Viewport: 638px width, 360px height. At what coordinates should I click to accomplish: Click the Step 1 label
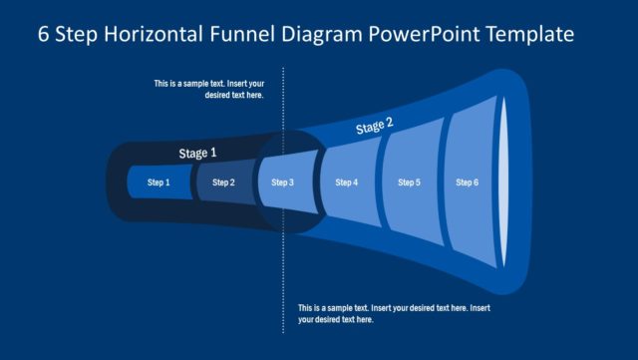click(x=159, y=182)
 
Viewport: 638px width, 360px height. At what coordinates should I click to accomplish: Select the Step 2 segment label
click(x=224, y=182)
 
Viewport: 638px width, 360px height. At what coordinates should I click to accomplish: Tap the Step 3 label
click(x=283, y=182)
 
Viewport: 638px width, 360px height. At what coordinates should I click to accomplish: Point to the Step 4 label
click(x=346, y=182)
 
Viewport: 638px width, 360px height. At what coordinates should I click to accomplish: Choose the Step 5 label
click(x=409, y=182)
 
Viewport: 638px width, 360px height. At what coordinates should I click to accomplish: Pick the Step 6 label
click(x=468, y=182)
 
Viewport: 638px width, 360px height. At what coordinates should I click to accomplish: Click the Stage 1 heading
click(x=197, y=153)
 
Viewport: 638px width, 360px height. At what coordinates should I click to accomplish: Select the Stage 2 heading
click(x=375, y=126)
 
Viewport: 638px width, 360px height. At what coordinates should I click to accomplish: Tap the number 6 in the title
click(x=44, y=34)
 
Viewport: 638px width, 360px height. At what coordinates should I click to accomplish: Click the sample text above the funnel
click(x=208, y=90)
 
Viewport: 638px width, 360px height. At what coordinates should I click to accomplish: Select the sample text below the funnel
click(x=394, y=313)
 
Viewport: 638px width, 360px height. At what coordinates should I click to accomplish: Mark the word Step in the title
click(x=75, y=34)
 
